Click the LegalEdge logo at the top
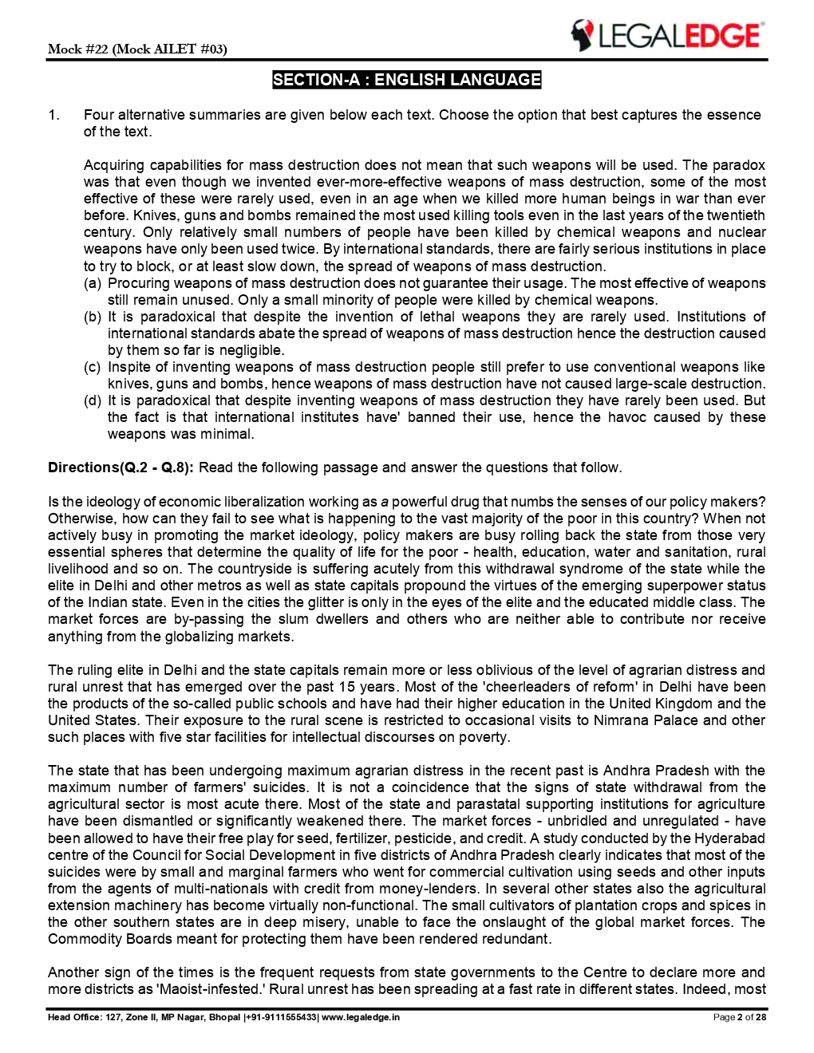pyautogui.click(x=667, y=36)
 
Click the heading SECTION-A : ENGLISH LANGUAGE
pyautogui.click(x=406, y=80)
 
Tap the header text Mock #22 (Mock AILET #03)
pyautogui.click(x=137, y=49)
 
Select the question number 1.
pyautogui.click(x=53, y=115)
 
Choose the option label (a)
pyautogui.click(x=93, y=283)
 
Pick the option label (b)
pyautogui.click(x=93, y=317)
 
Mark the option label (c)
pyautogui.click(x=93, y=367)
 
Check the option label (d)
pyautogui.click(x=93, y=400)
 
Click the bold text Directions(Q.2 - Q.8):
pyautogui.click(x=121, y=467)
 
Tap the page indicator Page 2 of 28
pyautogui.click(x=739, y=1018)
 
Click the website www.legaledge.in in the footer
pyautogui.click(x=361, y=1018)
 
